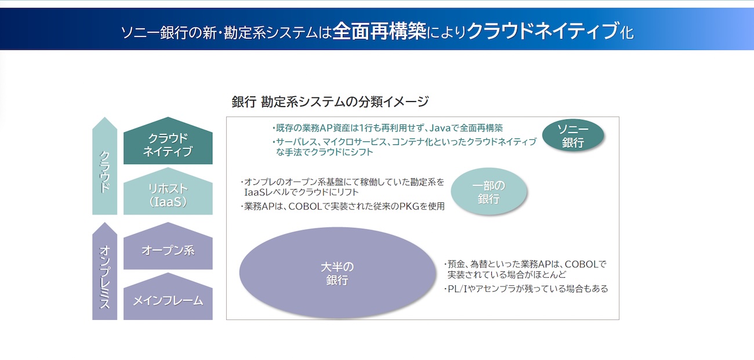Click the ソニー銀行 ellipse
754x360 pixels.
pos(573,135)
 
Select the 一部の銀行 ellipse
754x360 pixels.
pos(489,191)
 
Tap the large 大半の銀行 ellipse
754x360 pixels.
pos(338,273)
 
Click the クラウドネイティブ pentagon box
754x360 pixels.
pos(168,141)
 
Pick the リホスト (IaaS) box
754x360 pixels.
pos(168,192)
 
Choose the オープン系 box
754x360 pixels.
pos(168,246)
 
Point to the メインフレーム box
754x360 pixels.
pos(168,297)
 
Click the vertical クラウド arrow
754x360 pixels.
pos(104,166)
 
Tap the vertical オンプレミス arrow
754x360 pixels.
pos(104,271)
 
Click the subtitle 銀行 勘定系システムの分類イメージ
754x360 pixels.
pos(330,101)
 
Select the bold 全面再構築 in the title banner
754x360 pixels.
pos(379,31)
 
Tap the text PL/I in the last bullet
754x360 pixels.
pos(458,289)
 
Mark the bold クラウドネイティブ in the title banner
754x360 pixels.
pos(543,31)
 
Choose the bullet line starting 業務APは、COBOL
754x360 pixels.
pos(343,206)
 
